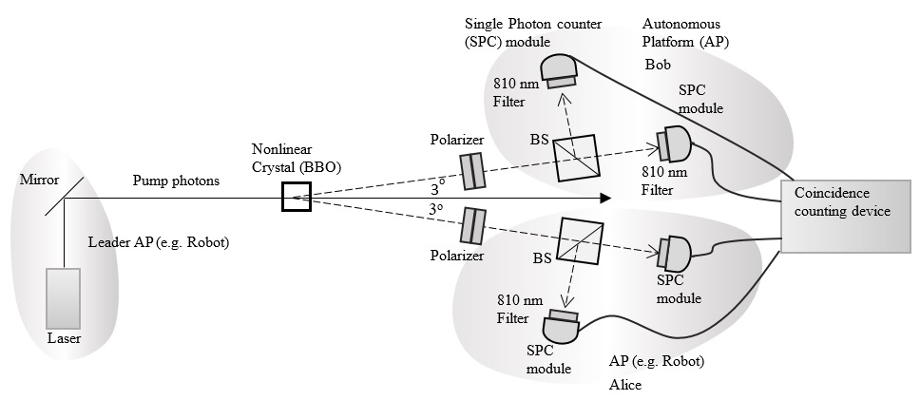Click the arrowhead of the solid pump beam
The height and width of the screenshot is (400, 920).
click(604, 198)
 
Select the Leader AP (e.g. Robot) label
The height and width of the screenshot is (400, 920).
click(158, 241)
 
